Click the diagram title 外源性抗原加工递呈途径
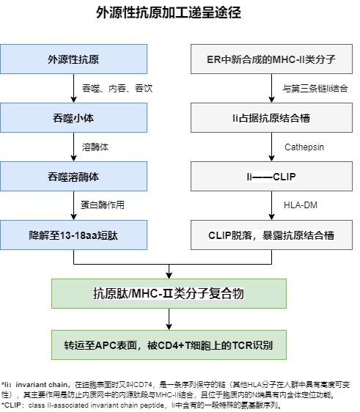[169, 12]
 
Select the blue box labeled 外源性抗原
[73, 59]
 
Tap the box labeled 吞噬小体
[73, 118]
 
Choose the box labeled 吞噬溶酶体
[73, 176]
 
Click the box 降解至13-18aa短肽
[73, 235]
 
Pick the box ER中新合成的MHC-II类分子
[271, 59]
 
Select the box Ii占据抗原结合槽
[271, 118]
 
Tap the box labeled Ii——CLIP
[271, 176]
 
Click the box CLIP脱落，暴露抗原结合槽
[271, 235]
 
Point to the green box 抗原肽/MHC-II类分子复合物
[169, 293]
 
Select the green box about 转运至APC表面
[169, 345]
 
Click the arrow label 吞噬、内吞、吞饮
[117, 88]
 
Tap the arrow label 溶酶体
[95, 147]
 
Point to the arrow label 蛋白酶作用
[103, 205]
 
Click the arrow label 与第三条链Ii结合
[315, 88]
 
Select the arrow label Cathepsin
[304, 147]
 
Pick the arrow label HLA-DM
[301, 205]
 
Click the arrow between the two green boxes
[169, 319]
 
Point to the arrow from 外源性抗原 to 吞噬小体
[73, 88]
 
